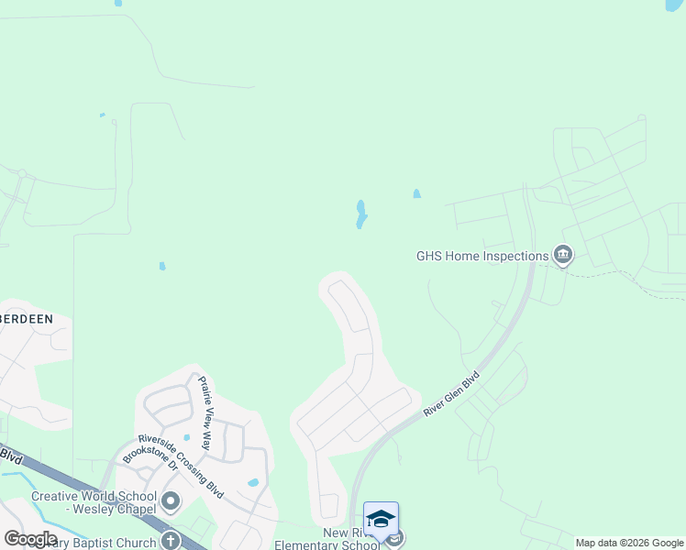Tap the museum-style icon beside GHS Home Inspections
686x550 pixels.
point(563,256)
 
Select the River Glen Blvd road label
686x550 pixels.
point(452,395)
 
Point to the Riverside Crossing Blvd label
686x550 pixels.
point(181,466)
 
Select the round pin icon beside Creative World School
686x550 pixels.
point(171,501)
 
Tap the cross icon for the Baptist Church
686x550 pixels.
point(171,542)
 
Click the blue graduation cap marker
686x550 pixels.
point(381,520)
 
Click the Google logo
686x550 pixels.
point(30,538)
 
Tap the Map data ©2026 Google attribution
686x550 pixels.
point(629,543)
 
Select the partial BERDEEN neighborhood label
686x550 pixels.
point(27,318)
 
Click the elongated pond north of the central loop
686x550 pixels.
point(361,214)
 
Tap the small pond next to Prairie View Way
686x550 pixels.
point(186,437)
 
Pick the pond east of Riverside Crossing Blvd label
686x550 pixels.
point(253,482)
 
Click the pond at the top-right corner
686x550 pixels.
point(674,5)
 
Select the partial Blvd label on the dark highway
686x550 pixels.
point(10,454)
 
